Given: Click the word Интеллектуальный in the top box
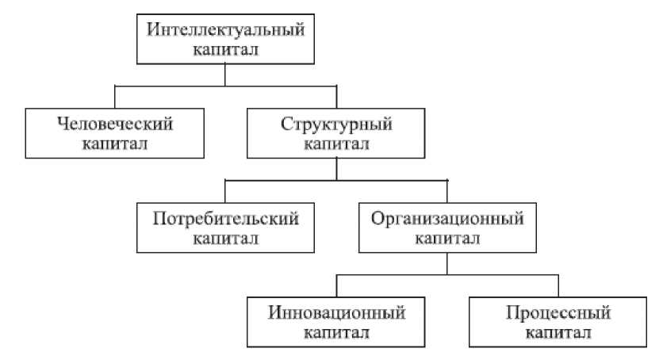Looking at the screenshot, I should tap(226, 29).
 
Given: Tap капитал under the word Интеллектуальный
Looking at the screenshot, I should tap(226, 49).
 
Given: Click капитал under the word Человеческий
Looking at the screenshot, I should tap(116, 144).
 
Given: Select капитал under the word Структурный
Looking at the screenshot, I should tap(337, 144).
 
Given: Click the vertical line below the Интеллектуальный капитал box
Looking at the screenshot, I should tap(226, 74).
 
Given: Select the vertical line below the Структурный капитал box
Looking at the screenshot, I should tap(337, 169).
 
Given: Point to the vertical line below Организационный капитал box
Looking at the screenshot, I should tap(448, 262).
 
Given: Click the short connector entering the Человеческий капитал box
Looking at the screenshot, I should tap(116, 96).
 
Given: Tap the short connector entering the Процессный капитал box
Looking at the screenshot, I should tap(559, 285).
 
